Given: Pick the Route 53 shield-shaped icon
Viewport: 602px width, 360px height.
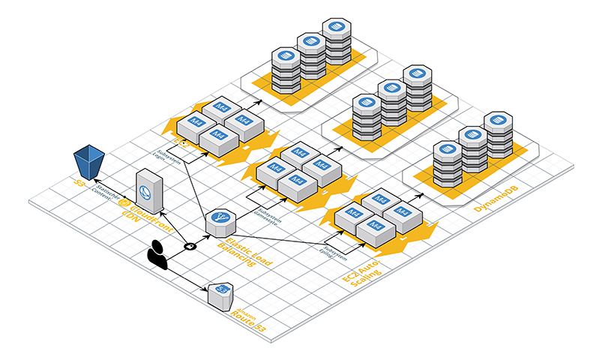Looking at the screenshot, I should point(221,292).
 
